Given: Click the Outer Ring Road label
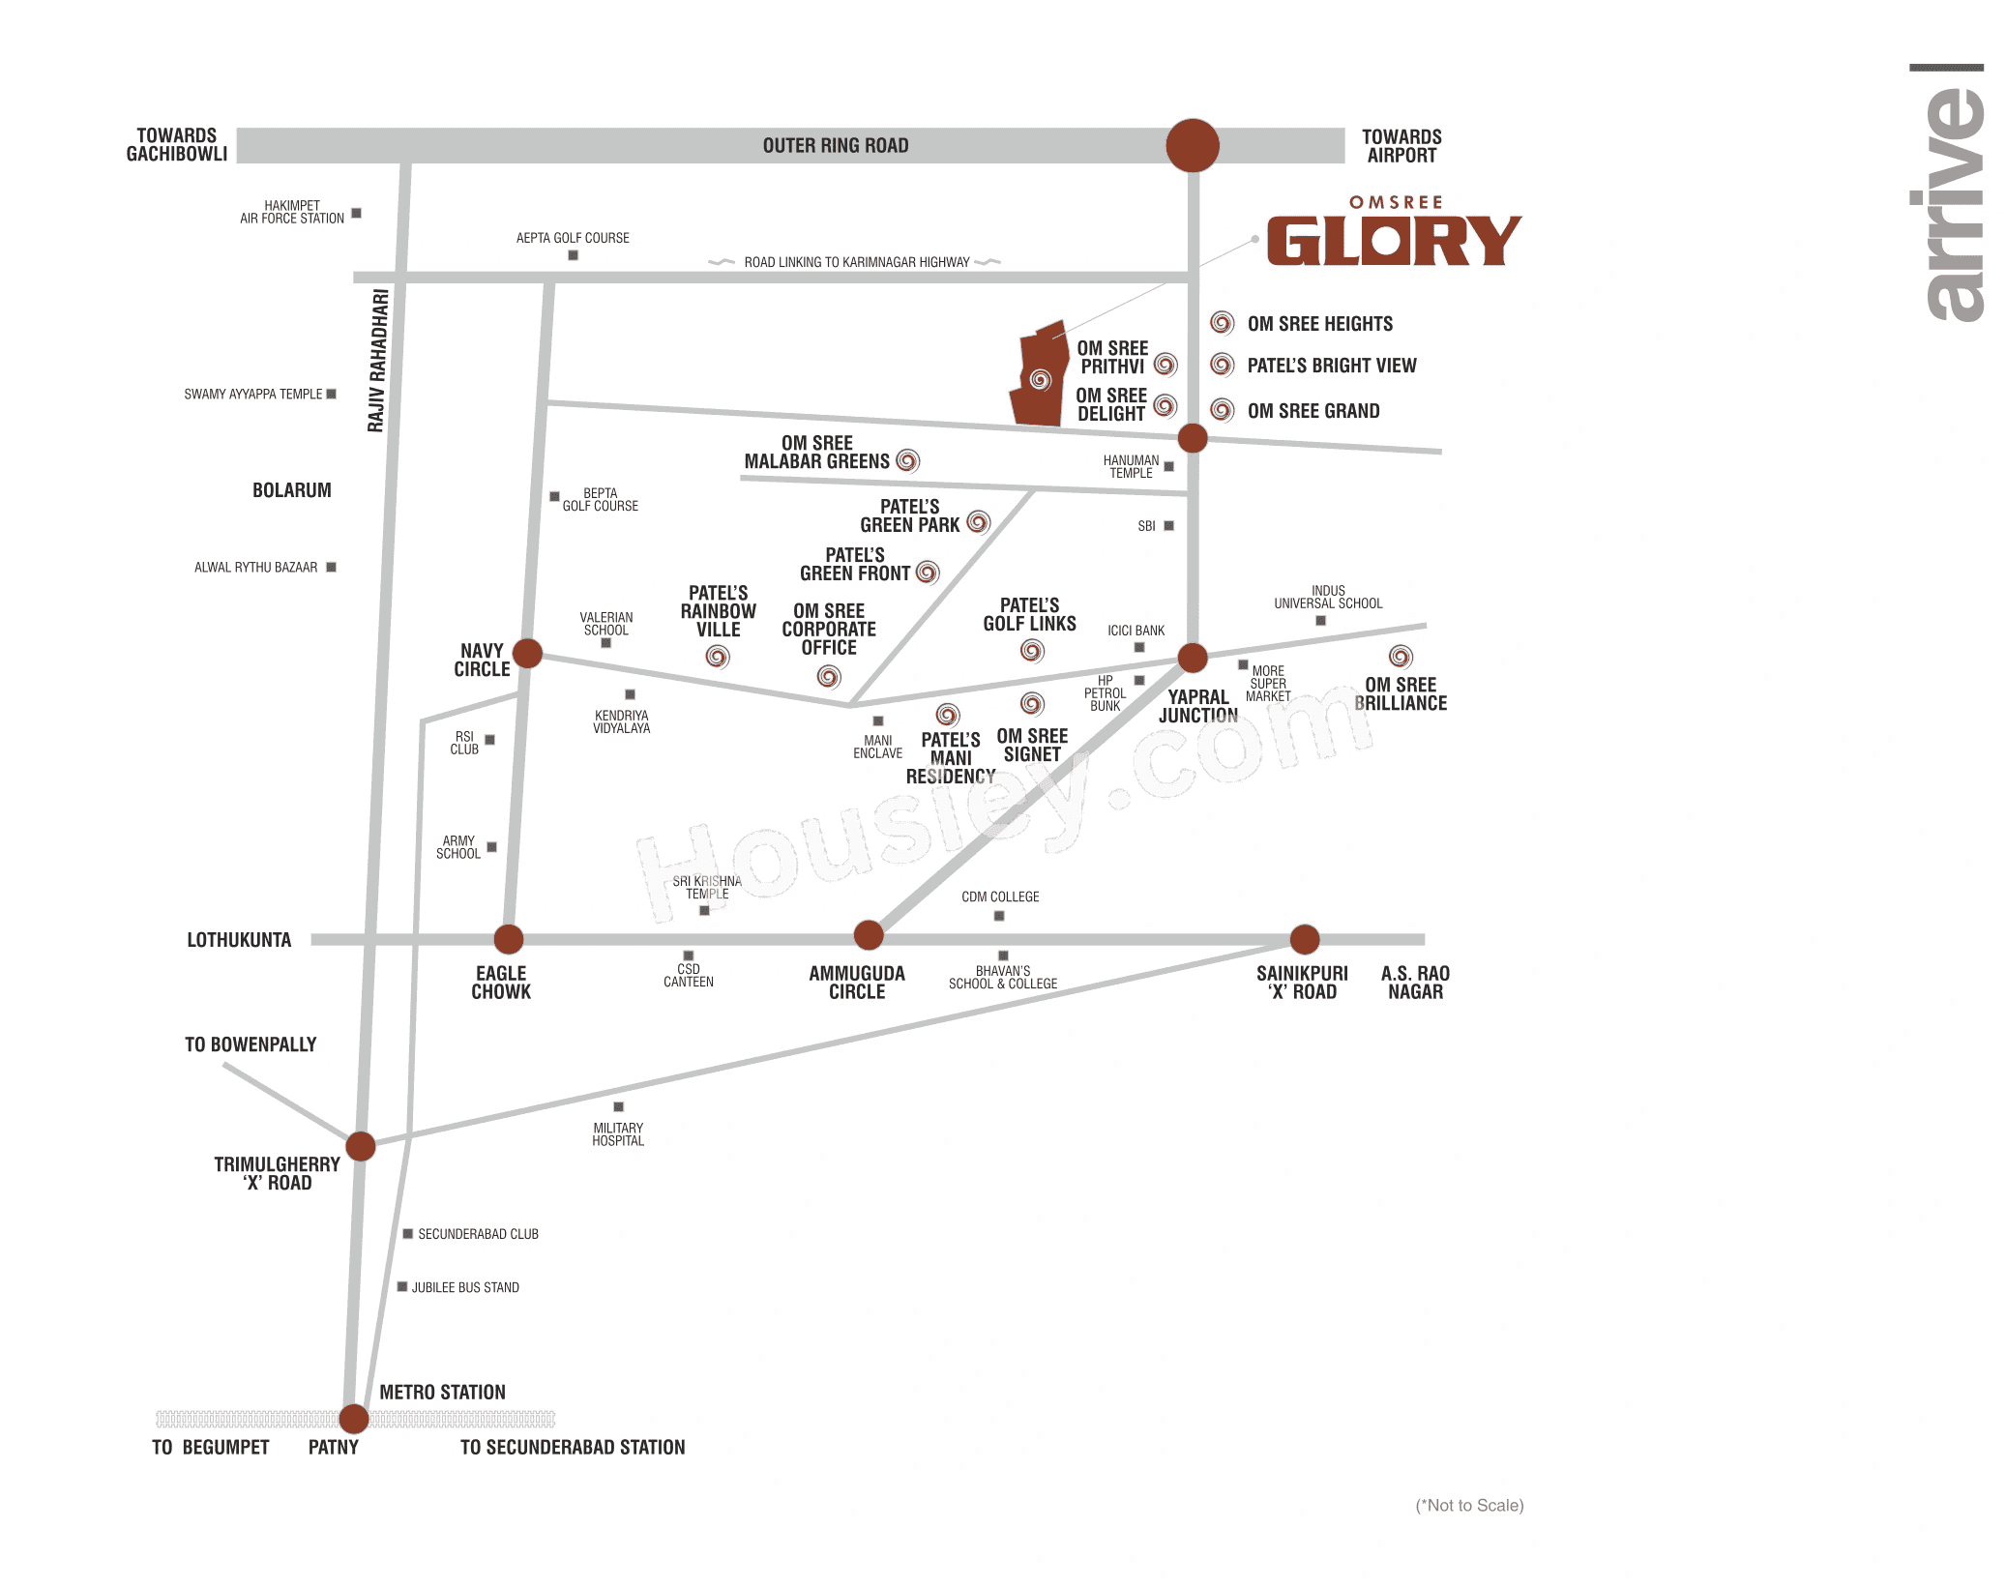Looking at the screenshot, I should [x=835, y=146].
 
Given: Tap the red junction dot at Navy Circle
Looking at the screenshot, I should [x=527, y=653].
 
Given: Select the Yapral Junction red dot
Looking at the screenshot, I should [x=1193, y=658].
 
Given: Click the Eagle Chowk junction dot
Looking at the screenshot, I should [x=509, y=938].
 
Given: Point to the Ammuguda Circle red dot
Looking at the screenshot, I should [x=869, y=935].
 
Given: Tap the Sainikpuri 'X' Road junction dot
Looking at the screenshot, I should [x=1305, y=938].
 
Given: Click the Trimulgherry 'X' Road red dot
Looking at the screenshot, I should [x=361, y=1146].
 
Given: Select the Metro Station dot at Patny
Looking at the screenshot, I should [x=354, y=1419].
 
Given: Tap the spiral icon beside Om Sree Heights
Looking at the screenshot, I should [x=1223, y=323].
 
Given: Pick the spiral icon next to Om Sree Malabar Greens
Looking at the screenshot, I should [x=907, y=461].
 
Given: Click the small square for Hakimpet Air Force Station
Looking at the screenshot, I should [x=356, y=213].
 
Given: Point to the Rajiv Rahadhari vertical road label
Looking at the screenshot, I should [x=378, y=360].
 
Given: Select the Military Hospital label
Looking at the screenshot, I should [x=618, y=1134].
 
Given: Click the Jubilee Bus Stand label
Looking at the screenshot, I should [x=465, y=1287].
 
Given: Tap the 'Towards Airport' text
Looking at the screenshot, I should [x=1401, y=146].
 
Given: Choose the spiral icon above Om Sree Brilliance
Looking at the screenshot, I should [x=1401, y=657].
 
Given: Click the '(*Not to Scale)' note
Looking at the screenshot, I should [x=1469, y=1505].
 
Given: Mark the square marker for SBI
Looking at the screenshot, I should [x=1168, y=526].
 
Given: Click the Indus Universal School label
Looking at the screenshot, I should [x=1328, y=597].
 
